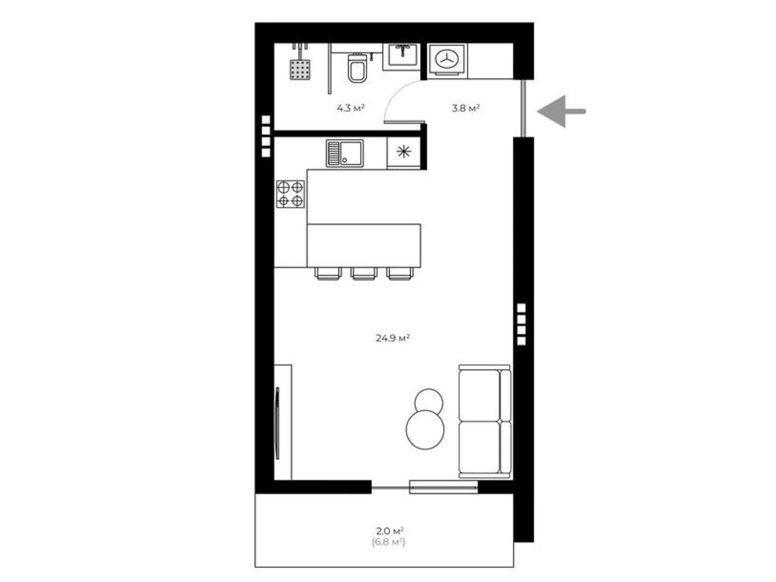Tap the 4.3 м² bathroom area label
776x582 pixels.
350,108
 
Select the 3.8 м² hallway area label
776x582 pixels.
466,108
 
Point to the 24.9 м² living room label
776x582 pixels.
392,338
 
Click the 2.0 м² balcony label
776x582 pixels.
389,531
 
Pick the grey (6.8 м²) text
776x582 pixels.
388,542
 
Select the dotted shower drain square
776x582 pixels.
300,69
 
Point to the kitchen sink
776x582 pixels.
344,153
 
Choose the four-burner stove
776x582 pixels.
291,194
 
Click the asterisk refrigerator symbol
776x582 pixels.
404,152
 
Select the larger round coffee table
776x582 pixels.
425,429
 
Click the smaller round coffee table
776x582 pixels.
429,401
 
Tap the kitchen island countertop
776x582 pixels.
364,245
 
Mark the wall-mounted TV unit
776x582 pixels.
282,422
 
